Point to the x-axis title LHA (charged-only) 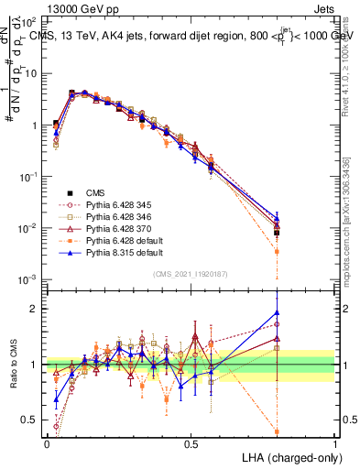pyautogui.click(x=288, y=456)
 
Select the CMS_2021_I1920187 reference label pyautogui.click(x=191, y=274)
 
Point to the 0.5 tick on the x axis pyautogui.click(x=191, y=442)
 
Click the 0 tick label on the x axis pyautogui.click(x=47, y=442)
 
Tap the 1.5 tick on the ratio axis pyautogui.click(x=32, y=336)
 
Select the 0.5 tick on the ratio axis pyautogui.click(x=32, y=420)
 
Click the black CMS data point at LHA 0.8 pyautogui.click(x=277, y=233)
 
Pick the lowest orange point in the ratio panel pyautogui.click(x=277, y=431)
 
